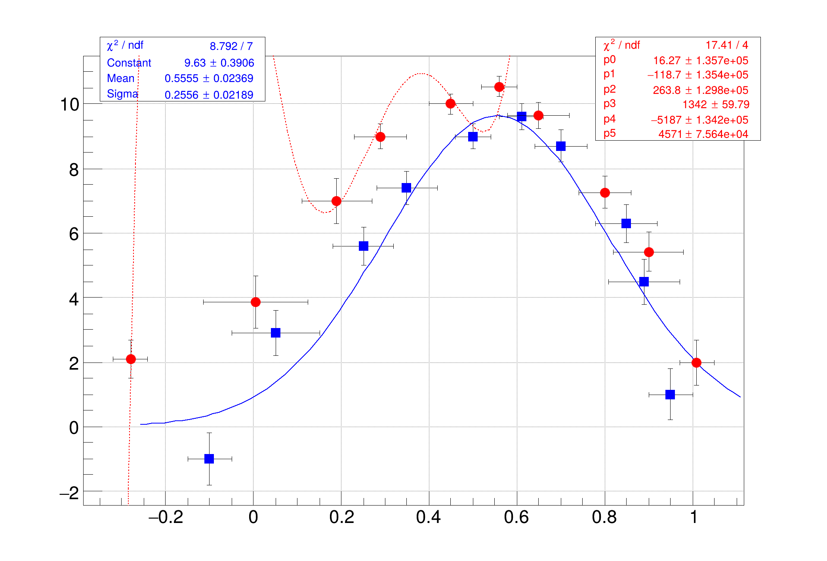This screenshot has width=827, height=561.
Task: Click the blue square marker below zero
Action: pos(209,459)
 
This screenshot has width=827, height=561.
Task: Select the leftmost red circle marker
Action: pos(131,359)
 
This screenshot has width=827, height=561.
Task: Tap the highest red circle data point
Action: pos(499,87)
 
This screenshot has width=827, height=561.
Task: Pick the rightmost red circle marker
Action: pos(696,363)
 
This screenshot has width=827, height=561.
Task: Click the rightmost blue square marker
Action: pos(670,395)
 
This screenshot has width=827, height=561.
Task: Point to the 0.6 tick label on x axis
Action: pos(516,517)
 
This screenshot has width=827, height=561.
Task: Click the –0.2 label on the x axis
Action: pos(166,517)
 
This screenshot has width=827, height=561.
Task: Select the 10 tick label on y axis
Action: pos(69,105)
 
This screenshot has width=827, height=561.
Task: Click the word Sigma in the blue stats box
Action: pos(122,94)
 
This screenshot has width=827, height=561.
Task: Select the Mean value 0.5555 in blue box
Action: pos(181,78)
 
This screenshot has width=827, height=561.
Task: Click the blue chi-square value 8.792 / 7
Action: pos(231,46)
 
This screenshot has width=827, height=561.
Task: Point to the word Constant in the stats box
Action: pos(129,63)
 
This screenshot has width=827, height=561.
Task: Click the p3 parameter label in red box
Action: pos(610,104)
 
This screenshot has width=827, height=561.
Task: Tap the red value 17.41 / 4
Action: pos(727,45)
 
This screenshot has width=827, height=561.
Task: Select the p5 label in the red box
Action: pos(610,134)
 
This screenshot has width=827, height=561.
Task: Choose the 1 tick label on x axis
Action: pos(694,517)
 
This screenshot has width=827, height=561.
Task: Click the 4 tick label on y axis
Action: pos(74,299)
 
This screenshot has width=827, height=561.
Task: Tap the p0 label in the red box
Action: pos(610,60)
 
